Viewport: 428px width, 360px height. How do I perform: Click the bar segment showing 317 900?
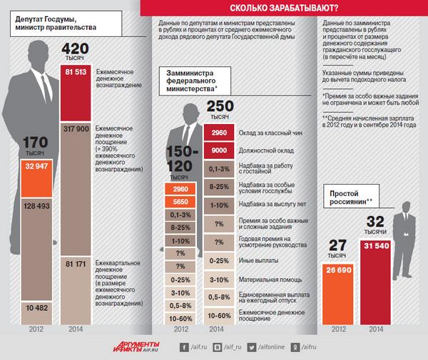point(77,129)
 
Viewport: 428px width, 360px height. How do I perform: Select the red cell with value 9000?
point(220,150)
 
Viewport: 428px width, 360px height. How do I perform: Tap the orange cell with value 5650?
point(180,202)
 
